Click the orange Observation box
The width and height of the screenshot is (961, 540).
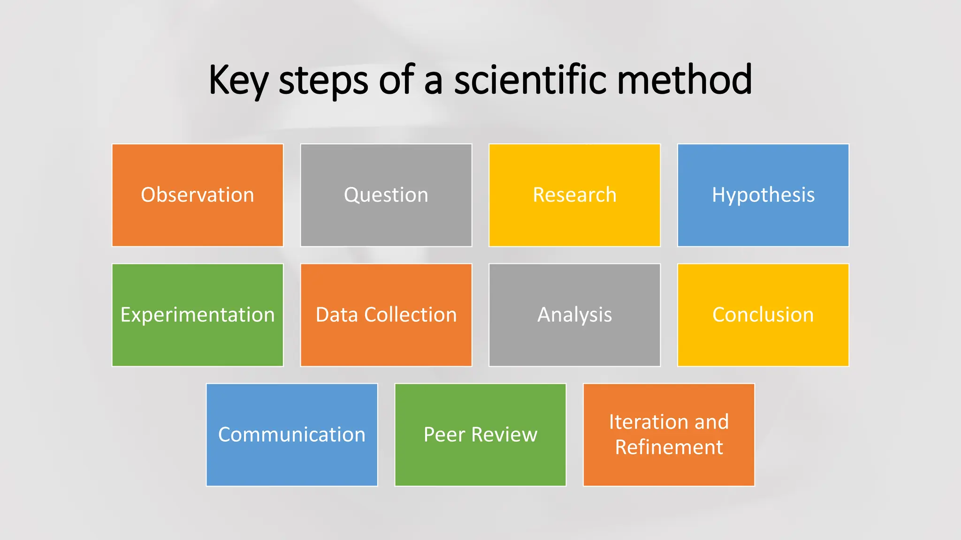point(198,195)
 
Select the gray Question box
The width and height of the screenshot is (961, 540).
point(386,195)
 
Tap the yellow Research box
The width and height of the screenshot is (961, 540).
point(574,195)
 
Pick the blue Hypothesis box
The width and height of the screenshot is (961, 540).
point(763,195)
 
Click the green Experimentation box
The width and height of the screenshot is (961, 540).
point(198,315)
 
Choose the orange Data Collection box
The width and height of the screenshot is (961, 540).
point(386,315)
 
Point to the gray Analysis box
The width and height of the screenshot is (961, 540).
point(574,315)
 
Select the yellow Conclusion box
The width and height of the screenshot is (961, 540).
point(763,315)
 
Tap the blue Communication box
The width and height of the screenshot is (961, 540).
point(292,435)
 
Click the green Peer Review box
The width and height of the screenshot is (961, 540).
point(480,435)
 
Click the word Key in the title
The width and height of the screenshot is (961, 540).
point(238,81)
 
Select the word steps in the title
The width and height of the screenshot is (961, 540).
point(323,81)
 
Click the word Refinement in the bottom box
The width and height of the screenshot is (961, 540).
point(669,447)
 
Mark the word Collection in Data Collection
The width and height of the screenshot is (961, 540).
point(411,315)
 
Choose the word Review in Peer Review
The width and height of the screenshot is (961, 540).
point(504,435)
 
